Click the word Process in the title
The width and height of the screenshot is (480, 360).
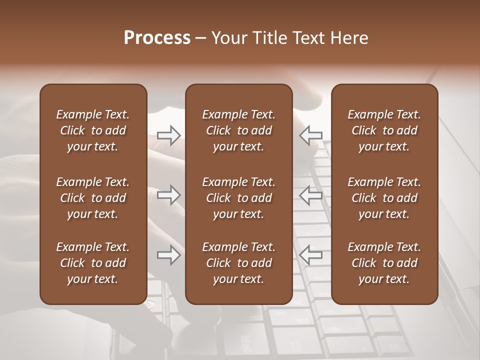157,38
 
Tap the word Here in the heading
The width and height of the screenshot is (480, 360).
349,38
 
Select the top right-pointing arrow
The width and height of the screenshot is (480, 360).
168,135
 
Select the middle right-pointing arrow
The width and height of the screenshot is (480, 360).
168,194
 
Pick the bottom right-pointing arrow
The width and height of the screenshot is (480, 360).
168,255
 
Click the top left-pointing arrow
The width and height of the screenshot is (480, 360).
311,135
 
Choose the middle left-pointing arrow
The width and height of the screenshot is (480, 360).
311,194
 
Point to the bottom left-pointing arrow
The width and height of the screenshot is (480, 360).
311,254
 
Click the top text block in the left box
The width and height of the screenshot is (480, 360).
93,130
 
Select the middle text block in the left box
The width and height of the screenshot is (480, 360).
93,198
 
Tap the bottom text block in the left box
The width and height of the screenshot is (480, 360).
93,263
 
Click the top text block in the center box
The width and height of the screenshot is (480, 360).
238,130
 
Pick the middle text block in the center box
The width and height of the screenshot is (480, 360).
238,198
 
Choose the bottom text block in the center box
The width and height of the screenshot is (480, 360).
238,263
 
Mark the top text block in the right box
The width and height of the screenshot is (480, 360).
384,130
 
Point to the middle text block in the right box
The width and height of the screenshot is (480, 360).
384,198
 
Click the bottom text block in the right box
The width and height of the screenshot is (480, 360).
384,263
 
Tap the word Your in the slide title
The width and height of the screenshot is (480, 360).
228,38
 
